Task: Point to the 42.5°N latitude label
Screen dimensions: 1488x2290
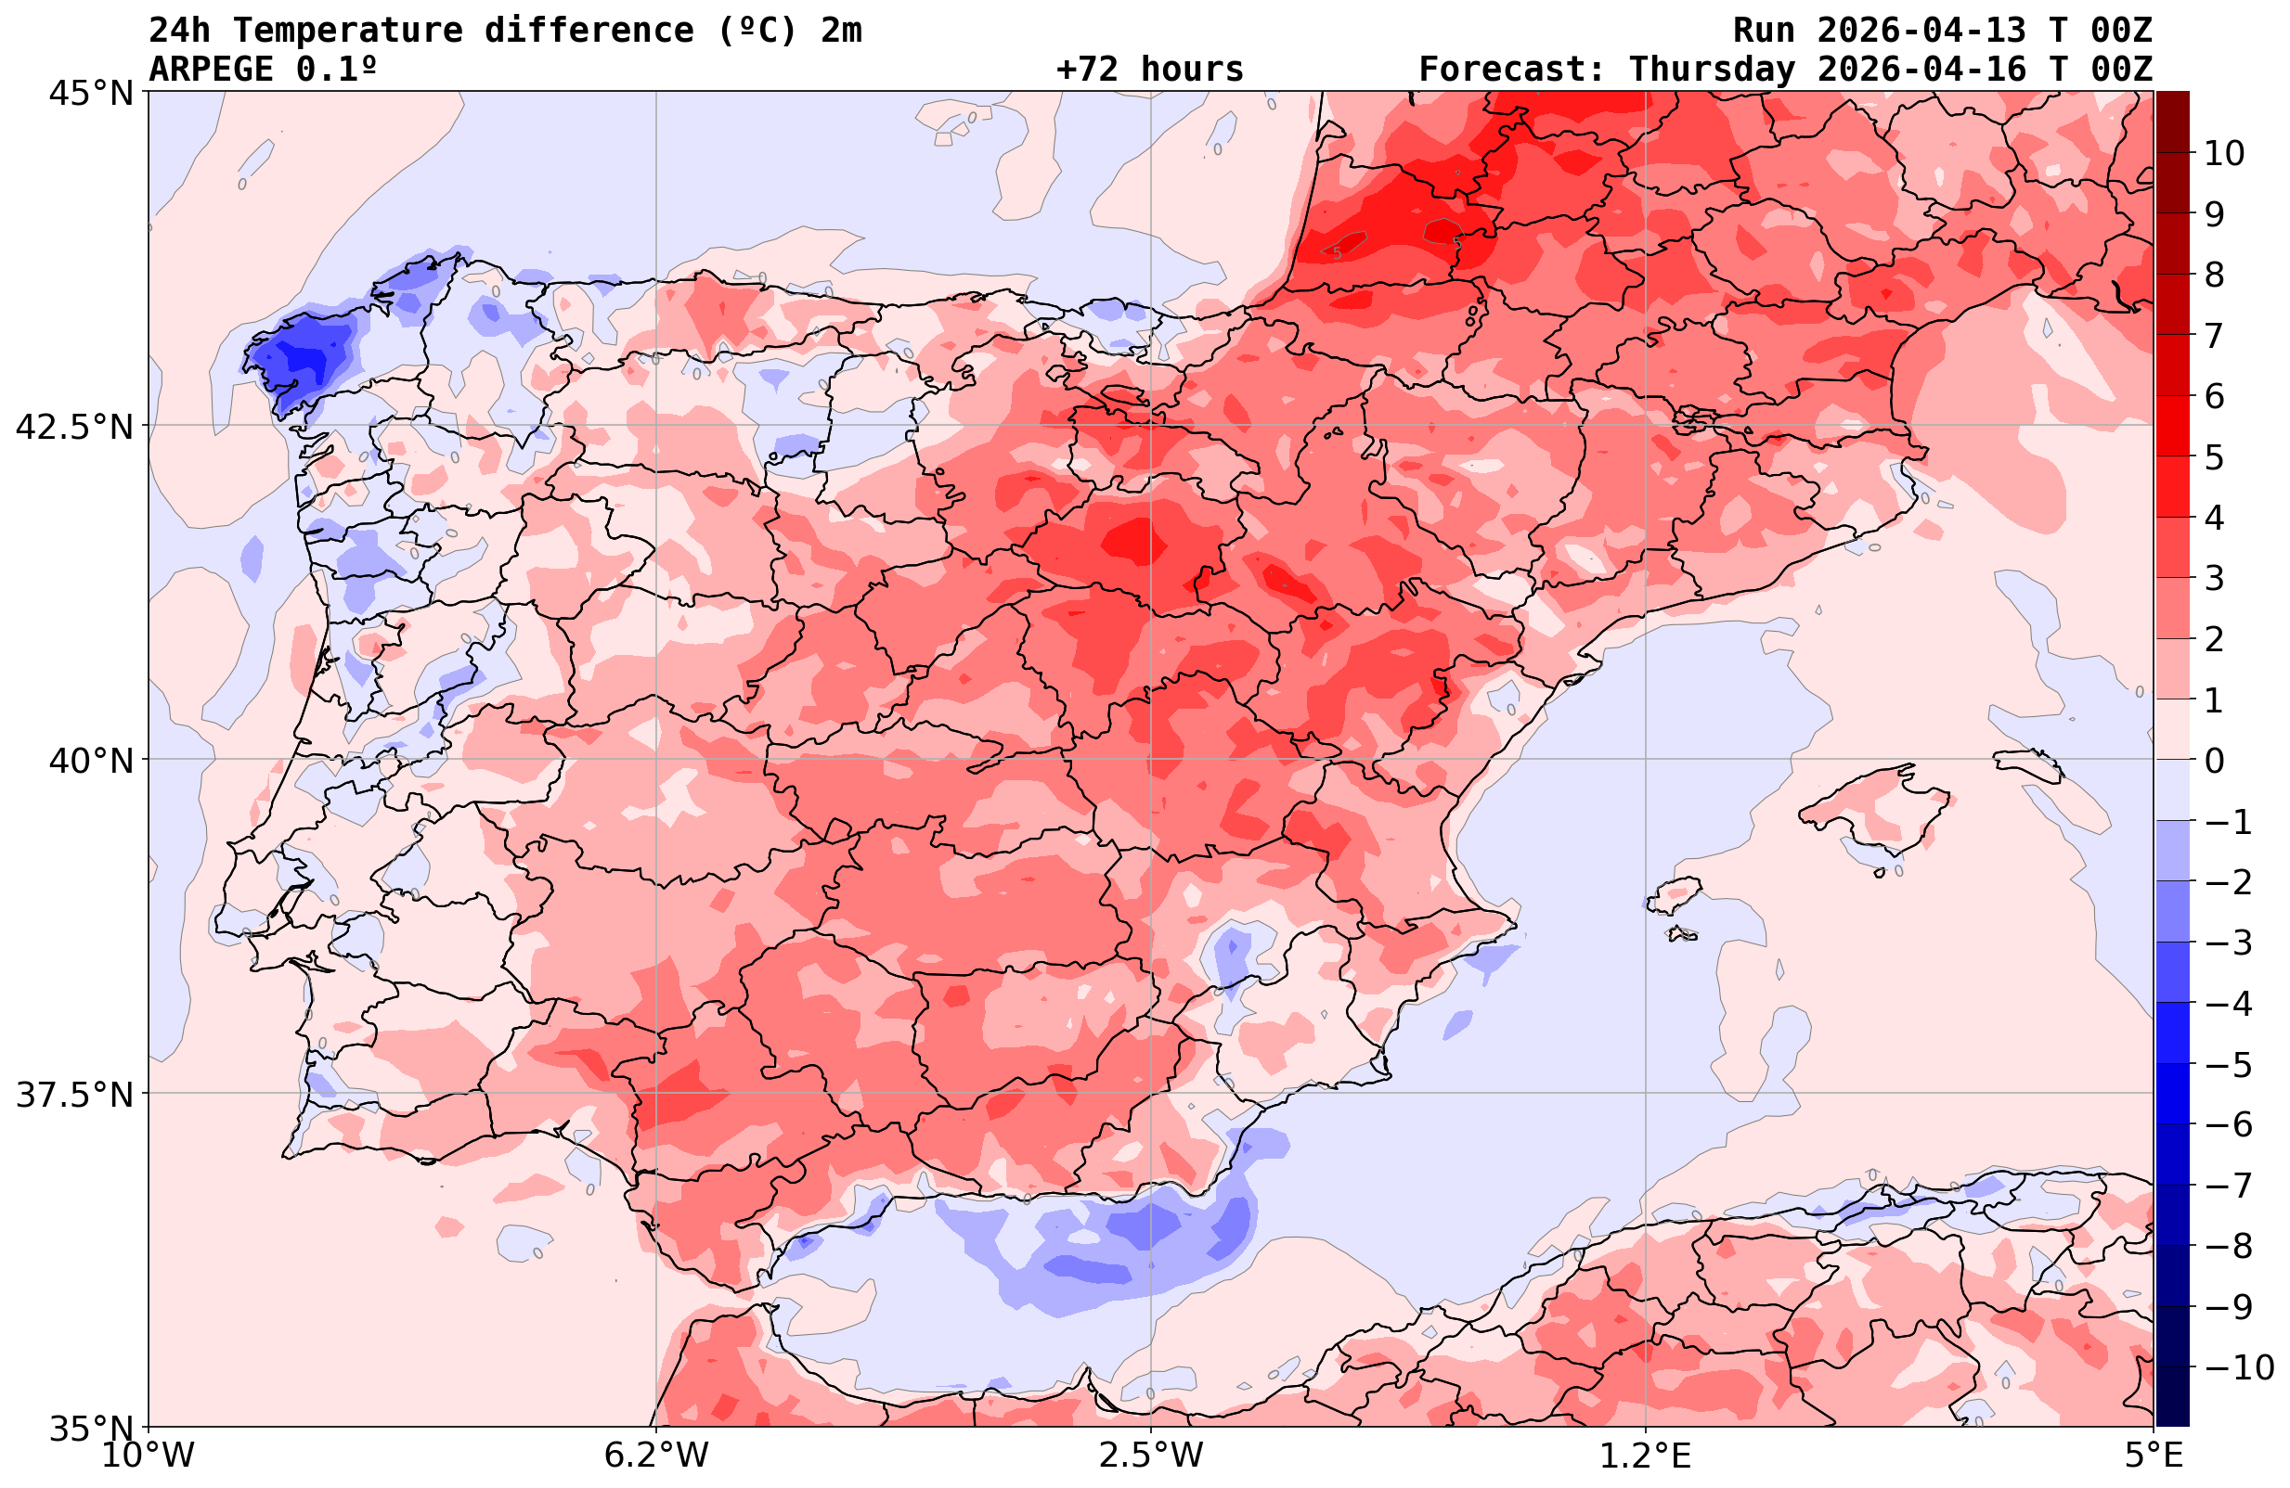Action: click(74, 426)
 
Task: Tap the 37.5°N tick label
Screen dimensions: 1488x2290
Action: click(74, 1095)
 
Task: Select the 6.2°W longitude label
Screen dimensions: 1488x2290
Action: click(656, 1456)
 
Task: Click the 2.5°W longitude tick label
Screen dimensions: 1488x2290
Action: click(1151, 1456)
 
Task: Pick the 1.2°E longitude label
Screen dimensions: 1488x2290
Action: click(1646, 1456)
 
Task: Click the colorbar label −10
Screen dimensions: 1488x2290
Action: click(2238, 1366)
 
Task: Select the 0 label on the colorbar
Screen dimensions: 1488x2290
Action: click(2214, 761)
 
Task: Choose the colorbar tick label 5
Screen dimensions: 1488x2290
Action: click(2214, 457)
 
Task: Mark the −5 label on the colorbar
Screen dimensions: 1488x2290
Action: click(2228, 1065)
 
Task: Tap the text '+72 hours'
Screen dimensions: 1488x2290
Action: click(1149, 70)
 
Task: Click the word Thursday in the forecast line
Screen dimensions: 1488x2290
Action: click(1712, 70)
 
